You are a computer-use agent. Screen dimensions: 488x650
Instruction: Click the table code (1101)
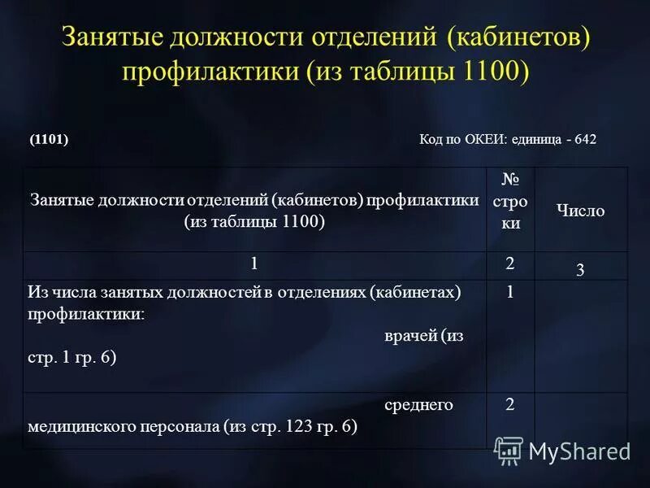pyautogui.click(x=49, y=139)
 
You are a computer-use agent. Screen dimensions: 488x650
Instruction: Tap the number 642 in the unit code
pyautogui.click(x=585, y=139)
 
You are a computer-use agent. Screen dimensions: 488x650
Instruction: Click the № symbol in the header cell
pyautogui.click(x=510, y=179)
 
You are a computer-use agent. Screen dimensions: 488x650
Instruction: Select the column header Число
pyautogui.click(x=581, y=210)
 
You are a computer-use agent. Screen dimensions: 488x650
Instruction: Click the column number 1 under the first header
pyautogui.click(x=254, y=264)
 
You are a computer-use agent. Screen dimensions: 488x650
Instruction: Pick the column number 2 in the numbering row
pyautogui.click(x=509, y=263)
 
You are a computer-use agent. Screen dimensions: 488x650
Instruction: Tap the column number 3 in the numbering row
pyautogui.click(x=580, y=271)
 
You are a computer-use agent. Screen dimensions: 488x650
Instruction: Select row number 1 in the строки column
pyautogui.click(x=509, y=293)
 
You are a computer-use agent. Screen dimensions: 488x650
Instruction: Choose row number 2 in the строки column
pyautogui.click(x=509, y=404)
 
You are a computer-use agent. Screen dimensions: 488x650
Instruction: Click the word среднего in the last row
pyautogui.click(x=418, y=404)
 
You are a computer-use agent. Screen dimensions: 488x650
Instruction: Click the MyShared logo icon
pyautogui.click(x=509, y=450)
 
